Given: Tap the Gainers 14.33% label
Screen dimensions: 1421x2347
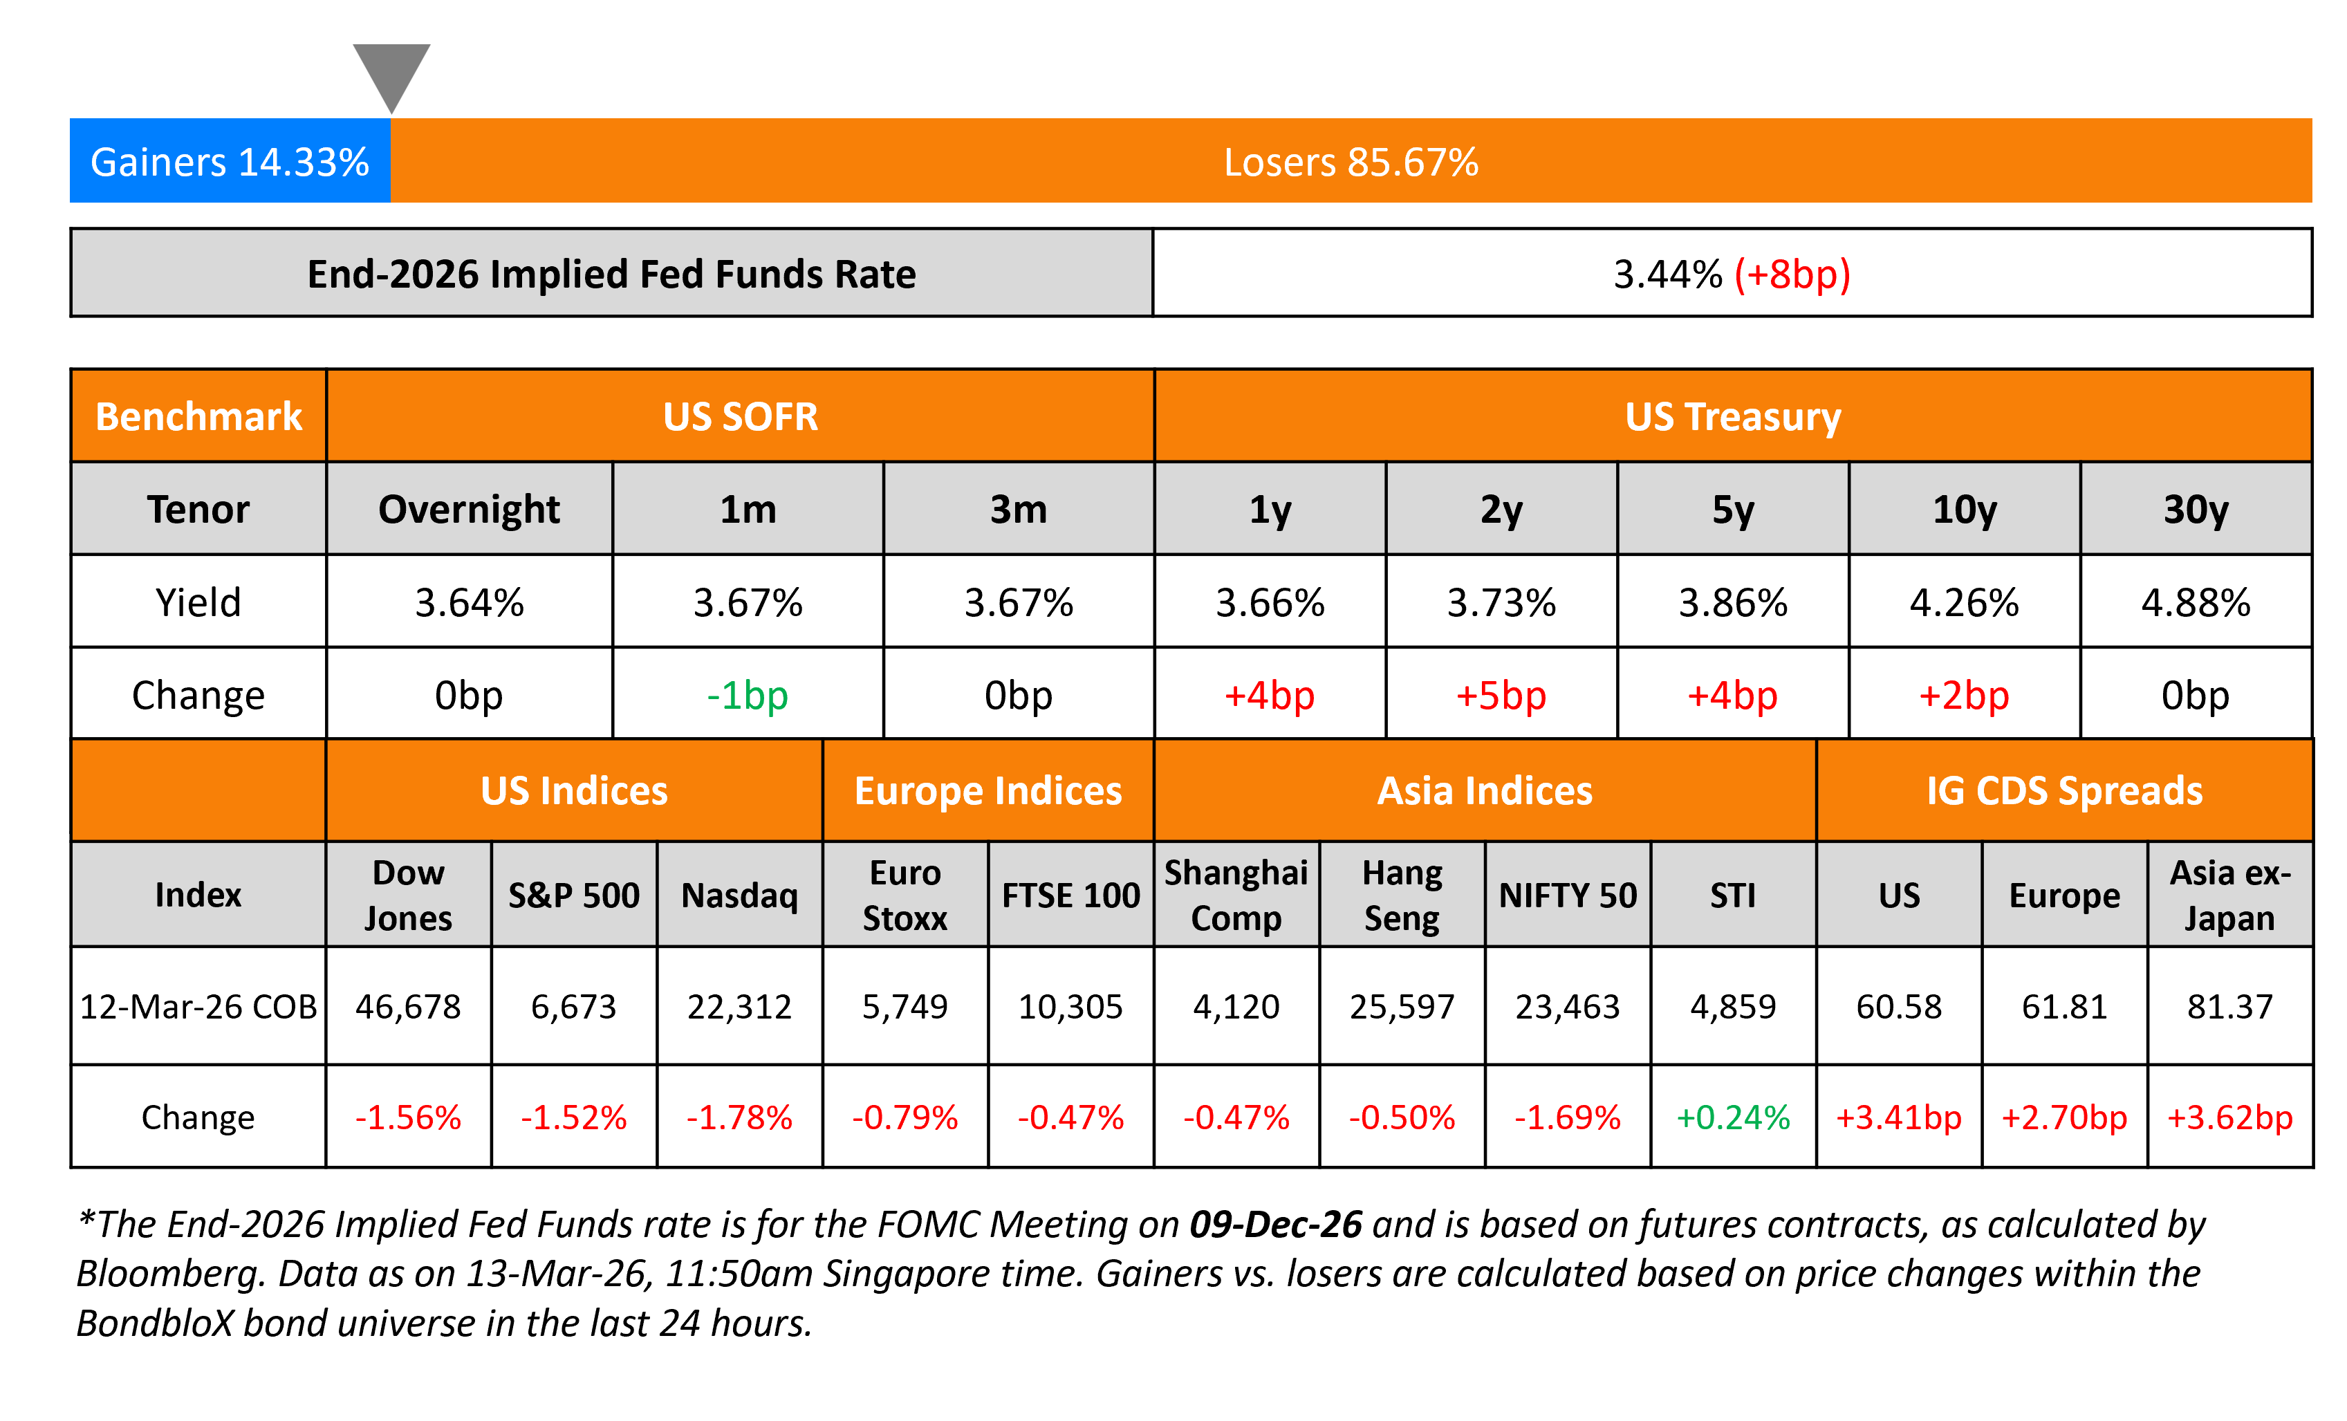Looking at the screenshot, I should pyautogui.click(x=230, y=162).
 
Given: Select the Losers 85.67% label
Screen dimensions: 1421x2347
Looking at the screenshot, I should pyautogui.click(x=1351, y=162).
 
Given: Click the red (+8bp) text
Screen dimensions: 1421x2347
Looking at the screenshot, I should pyautogui.click(x=1792, y=275).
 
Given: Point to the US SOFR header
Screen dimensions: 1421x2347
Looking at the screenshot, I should pyautogui.click(x=740, y=416).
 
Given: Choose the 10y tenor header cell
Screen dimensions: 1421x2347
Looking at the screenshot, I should pyautogui.click(x=1964, y=510).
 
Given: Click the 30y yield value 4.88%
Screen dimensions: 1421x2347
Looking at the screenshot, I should pyautogui.click(x=2196, y=603).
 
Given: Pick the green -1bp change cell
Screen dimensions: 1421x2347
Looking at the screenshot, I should pyautogui.click(x=748, y=695).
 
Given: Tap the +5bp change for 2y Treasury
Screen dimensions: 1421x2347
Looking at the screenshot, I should pyautogui.click(x=1501, y=695).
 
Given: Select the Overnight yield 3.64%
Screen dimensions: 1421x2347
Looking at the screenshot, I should pyautogui.click(x=470, y=603).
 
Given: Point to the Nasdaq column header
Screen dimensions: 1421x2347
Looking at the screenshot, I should pyautogui.click(x=740, y=895).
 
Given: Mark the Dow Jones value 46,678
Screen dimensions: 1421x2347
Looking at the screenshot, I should pyautogui.click(x=408, y=1007).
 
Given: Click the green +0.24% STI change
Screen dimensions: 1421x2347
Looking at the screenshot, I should pyautogui.click(x=1733, y=1117).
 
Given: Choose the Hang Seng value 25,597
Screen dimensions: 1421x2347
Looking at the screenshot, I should pyautogui.click(x=1402, y=1007).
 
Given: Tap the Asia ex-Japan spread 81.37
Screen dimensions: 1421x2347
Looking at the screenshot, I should pyautogui.click(x=2230, y=1007).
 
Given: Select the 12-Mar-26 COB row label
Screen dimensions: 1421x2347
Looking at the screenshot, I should pyautogui.click(x=198, y=1007).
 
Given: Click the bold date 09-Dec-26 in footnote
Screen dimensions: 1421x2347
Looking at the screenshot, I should pyautogui.click(x=1275, y=1225).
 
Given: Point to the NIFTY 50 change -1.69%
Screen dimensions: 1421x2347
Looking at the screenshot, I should pyautogui.click(x=1568, y=1117).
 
